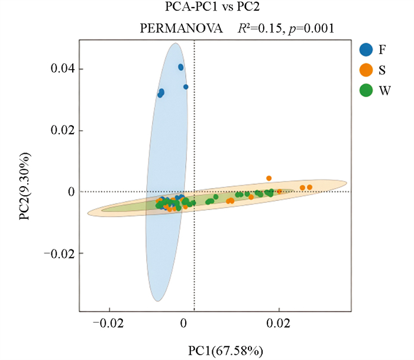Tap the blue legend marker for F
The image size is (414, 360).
(x=366, y=50)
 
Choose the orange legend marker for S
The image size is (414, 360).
(x=366, y=70)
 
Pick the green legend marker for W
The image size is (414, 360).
(x=366, y=90)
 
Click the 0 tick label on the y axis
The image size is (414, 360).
(x=70, y=192)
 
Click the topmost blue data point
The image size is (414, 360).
(x=181, y=67)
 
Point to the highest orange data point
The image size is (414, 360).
(x=269, y=178)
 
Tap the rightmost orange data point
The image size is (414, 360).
(x=309, y=187)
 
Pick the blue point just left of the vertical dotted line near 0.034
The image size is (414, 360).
(x=186, y=87)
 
